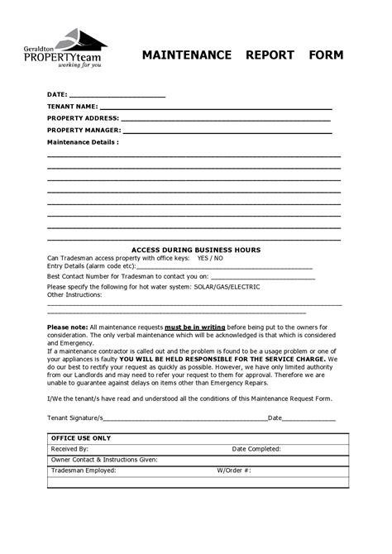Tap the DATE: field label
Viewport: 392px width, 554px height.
(x=57, y=95)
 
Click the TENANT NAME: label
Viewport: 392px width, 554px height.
(x=73, y=107)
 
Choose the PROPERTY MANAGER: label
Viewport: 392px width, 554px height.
(x=84, y=130)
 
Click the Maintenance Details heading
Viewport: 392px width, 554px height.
(x=83, y=142)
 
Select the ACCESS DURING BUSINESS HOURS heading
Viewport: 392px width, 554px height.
(x=196, y=249)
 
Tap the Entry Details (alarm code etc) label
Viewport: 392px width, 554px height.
(x=90, y=266)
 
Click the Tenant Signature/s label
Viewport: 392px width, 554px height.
(x=75, y=418)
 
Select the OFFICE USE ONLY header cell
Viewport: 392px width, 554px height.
(x=81, y=437)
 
